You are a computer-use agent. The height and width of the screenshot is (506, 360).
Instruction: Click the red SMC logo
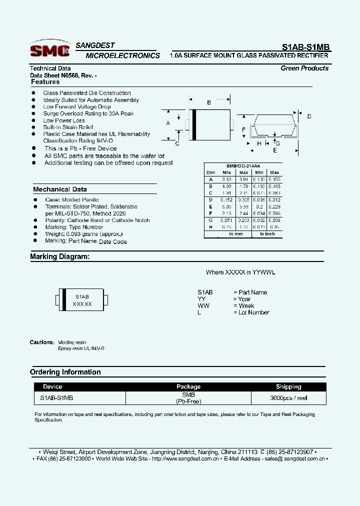point(49,50)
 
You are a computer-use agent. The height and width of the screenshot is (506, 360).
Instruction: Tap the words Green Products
point(304,68)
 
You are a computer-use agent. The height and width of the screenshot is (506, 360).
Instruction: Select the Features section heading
point(45,82)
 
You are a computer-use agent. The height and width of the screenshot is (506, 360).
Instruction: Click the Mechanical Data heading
point(59,189)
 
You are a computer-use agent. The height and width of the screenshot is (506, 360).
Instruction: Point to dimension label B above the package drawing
point(209,102)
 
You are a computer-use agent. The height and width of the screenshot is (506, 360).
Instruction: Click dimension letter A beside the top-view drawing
point(168,123)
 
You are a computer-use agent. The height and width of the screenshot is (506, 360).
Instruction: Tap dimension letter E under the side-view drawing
point(274,150)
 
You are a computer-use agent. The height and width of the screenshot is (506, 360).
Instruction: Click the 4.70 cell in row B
point(243,186)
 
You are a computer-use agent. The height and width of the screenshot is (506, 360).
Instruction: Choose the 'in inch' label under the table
point(267,234)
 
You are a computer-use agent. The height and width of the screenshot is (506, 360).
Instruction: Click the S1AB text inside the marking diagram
point(82,296)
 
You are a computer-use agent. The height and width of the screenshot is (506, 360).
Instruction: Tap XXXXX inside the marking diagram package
point(82,304)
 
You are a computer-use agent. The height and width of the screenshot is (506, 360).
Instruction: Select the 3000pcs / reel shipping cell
point(288,398)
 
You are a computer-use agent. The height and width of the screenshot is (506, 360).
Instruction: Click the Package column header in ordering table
point(188,386)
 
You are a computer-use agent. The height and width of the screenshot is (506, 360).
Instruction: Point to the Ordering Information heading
point(65,372)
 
